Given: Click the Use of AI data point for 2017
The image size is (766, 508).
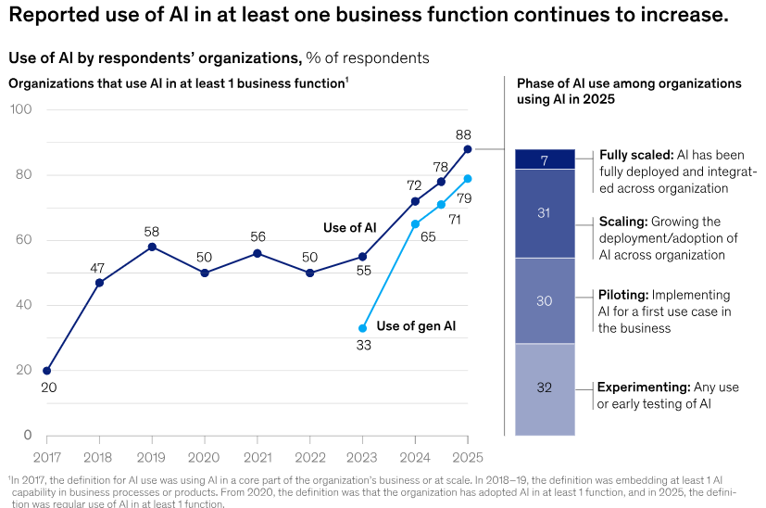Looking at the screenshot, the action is (x=47, y=371).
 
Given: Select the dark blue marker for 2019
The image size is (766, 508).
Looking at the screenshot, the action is (x=152, y=247).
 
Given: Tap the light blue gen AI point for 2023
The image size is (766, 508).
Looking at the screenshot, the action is (x=362, y=328).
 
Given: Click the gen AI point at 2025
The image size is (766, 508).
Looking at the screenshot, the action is (x=468, y=179).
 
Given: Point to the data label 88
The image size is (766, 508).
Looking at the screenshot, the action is (x=463, y=135).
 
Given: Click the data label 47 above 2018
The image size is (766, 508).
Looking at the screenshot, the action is (x=97, y=269).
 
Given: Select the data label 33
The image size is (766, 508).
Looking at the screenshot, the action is (x=363, y=346).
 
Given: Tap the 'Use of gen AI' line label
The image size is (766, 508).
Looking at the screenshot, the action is (x=416, y=326).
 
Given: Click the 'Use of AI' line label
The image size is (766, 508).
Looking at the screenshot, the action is (x=350, y=228).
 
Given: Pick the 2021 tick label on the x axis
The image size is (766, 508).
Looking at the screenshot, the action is (x=257, y=458).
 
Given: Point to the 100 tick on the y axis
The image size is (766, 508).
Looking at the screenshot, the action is (x=21, y=109).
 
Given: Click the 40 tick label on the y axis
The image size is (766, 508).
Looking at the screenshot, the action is (x=23, y=305).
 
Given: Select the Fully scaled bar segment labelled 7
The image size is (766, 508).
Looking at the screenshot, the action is (x=545, y=159).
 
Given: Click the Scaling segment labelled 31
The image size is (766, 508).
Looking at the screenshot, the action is (x=545, y=213).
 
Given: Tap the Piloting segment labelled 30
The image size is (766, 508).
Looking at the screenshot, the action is (x=545, y=300).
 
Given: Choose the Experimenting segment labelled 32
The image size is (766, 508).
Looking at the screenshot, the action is (x=545, y=389).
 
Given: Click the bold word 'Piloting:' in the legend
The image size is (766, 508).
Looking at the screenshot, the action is (x=623, y=296).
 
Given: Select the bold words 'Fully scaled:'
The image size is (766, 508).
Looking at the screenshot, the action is (x=636, y=155).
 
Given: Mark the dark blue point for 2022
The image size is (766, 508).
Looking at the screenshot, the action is (x=309, y=273).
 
